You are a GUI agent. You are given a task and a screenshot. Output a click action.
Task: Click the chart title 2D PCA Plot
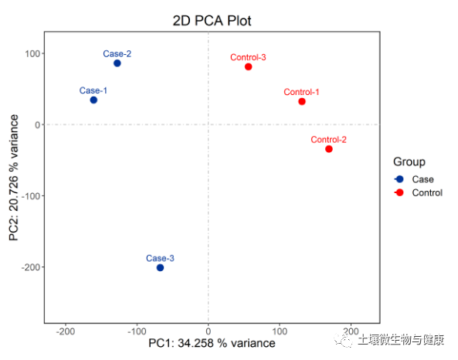click(212, 20)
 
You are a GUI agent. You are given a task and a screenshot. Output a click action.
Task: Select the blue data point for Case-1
click(93, 100)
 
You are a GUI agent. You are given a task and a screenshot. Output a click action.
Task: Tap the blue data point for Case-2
click(117, 63)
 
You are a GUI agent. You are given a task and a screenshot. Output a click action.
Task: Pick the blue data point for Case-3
click(160, 267)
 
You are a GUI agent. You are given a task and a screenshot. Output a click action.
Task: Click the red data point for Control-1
click(302, 101)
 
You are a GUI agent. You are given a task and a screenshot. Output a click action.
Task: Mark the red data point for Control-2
click(329, 148)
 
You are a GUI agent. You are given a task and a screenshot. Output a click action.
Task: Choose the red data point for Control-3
click(249, 67)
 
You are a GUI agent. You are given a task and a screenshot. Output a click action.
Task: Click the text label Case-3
click(160, 258)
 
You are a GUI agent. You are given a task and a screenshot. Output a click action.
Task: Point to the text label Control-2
click(328, 140)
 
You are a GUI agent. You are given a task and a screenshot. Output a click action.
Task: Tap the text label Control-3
click(249, 57)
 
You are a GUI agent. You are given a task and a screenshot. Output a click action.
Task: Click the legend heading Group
click(409, 161)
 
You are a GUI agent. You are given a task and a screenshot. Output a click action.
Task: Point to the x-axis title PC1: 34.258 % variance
click(212, 342)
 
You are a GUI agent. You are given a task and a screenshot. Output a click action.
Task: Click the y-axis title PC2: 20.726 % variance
click(15, 177)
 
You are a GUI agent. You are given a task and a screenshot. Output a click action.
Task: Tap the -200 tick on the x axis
click(66, 330)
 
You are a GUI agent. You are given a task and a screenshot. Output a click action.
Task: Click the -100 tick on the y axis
click(29, 196)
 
